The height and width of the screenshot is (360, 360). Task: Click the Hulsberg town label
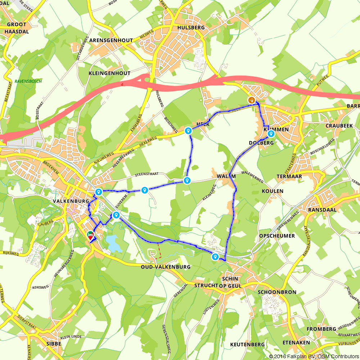click(191, 27)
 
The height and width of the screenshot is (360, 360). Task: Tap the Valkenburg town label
click(70, 201)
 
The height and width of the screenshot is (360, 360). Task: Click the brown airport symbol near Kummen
click(252, 100)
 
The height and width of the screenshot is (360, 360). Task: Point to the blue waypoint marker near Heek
click(188, 131)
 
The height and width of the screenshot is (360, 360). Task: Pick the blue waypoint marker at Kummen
click(271, 134)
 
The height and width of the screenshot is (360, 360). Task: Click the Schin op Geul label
click(230, 283)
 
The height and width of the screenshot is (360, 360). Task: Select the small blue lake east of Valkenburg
click(114, 243)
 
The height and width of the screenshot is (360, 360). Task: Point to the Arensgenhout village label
click(111, 41)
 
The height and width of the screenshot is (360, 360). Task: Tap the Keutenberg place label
click(247, 345)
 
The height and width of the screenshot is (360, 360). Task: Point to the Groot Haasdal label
click(17, 28)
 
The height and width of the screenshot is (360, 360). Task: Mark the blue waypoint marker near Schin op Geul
click(215, 257)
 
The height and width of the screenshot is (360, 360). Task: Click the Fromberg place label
click(321, 329)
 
